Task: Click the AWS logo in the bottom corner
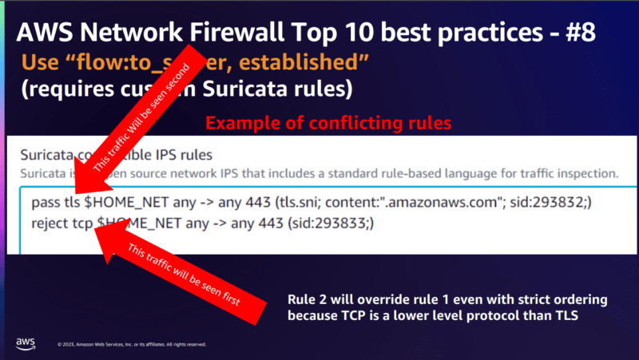coord(26,342)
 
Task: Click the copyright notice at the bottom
coord(132,345)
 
